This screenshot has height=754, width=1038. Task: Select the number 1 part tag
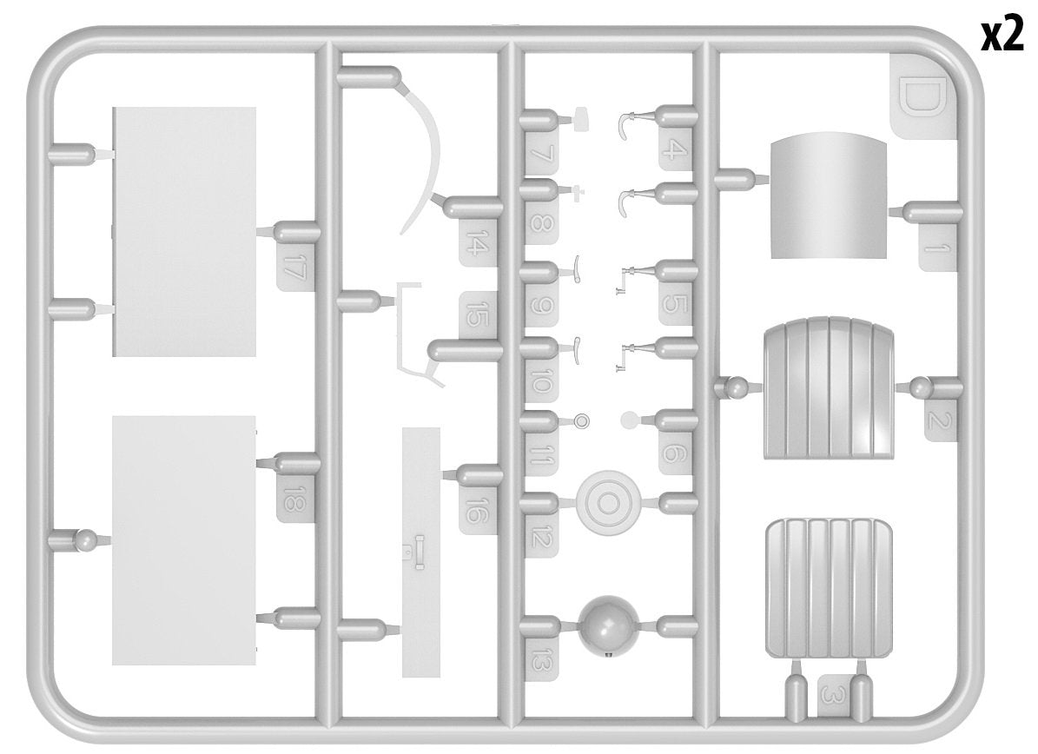tap(937, 248)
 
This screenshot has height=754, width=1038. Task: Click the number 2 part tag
tap(940, 420)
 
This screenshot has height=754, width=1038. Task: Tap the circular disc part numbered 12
tap(607, 502)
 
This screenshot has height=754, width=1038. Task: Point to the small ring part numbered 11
tap(582, 420)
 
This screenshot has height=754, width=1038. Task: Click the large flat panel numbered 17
tap(184, 232)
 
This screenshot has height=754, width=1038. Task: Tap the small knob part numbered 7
tap(583, 118)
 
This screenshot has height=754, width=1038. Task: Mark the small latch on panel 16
tap(419, 553)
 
